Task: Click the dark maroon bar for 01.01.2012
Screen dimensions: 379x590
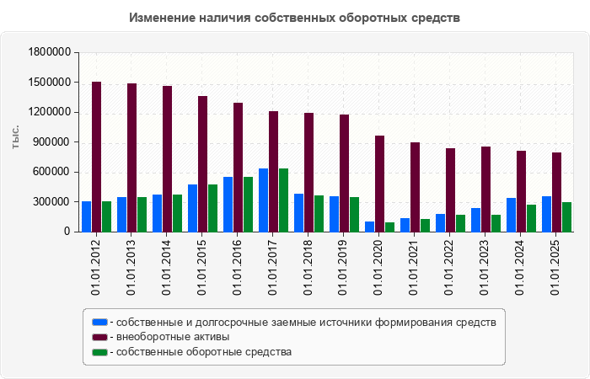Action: [x=97, y=157]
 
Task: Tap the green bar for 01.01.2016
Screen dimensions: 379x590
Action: [x=249, y=205]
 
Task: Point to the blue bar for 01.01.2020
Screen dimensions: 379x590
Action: [x=370, y=227]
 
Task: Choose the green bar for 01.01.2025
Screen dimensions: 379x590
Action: [x=567, y=217]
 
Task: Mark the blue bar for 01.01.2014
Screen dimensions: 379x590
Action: [x=158, y=213]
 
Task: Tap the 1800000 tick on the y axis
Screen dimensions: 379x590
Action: [x=48, y=52]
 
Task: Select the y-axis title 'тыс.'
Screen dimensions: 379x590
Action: [x=16, y=137]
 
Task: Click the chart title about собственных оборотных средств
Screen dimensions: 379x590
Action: [x=295, y=17]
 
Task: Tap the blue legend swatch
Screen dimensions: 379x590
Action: [x=99, y=322]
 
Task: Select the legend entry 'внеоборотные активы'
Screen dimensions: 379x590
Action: [x=173, y=337]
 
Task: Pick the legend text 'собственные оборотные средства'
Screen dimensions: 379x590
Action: [x=203, y=352]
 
